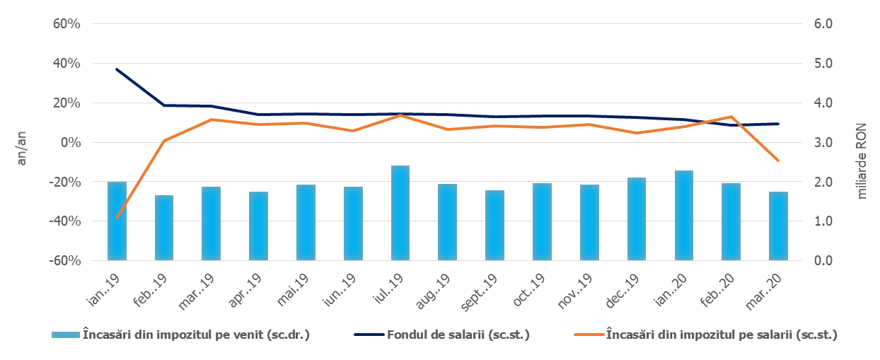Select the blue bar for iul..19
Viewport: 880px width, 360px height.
(x=400, y=213)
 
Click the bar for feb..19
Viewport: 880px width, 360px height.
(x=164, y=228)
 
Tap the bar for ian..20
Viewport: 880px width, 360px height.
(x=683, y=215)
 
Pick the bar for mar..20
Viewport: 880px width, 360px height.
(x=778, y=226)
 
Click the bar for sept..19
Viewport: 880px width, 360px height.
(x=494, y=226)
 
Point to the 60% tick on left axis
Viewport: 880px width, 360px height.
(x=66, y=24)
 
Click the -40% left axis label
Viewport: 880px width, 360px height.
(x=65, y=221)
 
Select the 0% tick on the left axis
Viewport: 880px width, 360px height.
(x=71, y=142)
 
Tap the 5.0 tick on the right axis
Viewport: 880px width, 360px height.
(x=823, y=63)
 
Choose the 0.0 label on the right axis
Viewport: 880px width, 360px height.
(x=823, y=260)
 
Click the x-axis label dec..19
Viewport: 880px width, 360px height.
(x=623, y=291)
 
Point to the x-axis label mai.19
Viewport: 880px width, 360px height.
(x=293, y=290)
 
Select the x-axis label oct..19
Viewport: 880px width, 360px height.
(x=529, y=290)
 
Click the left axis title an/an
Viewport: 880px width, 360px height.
(x=21, y=149)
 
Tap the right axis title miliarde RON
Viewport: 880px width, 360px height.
(x=861, y=161)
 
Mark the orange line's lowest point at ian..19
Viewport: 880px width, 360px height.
(x=117, y=218)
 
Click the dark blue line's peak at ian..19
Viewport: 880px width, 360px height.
(x=117, y=69)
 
